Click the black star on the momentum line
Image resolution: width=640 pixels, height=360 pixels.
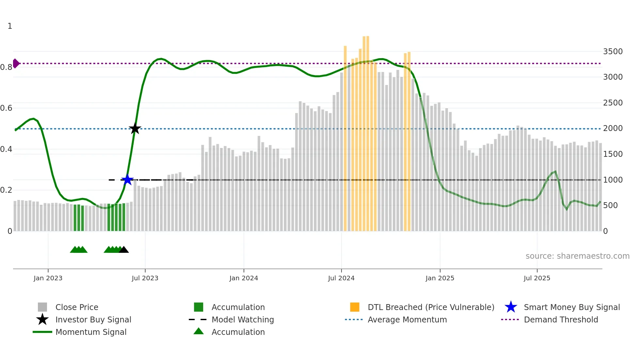[135, 129]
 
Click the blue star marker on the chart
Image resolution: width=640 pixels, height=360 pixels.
[127, 180]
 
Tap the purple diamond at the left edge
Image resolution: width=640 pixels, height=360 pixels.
[16, 63]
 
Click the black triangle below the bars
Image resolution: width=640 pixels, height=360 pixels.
[124, 250]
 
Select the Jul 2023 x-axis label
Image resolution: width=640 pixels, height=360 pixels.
[145, 278]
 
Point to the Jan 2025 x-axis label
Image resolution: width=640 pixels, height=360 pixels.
[440, 278]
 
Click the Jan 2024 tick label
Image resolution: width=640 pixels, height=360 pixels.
[244, 278]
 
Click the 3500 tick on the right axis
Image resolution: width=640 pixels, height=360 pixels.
[613, 52]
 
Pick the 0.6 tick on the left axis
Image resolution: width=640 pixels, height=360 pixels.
[6, 108]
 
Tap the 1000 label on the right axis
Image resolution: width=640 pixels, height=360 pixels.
[613, 180]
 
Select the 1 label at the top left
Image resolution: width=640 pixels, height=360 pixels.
[10, 26]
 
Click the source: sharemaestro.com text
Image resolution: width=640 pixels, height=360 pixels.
[577, 256]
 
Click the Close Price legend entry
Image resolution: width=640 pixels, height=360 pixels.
[77, 307]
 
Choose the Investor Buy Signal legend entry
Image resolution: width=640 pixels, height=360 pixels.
[93, 319]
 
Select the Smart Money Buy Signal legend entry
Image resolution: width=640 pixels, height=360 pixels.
[571, 307]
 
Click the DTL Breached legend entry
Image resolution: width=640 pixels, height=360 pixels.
[431, 307]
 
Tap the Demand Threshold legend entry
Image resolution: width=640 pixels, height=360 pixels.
[561, 319]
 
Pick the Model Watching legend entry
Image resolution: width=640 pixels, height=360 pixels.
[242, 319]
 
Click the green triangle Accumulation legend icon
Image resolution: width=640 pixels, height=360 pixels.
[199, 331]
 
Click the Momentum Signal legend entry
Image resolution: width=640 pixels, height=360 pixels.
[91, 332]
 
